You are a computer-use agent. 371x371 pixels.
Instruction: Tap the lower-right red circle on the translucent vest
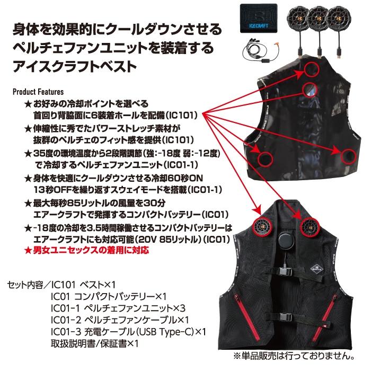pyautogui.click(x=348, y=156)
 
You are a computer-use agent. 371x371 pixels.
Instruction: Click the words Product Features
pyautogui.click(x=38, y=92)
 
